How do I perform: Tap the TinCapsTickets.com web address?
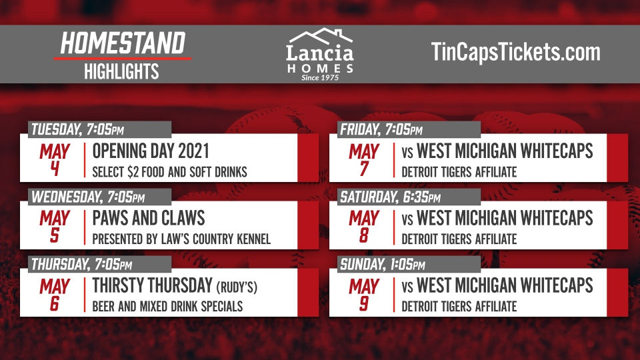(515, 52)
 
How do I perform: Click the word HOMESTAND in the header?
(122, 44)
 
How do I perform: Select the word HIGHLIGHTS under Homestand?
(121, 71)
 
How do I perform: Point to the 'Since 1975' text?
(320, 77)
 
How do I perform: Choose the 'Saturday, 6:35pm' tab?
(391, 197)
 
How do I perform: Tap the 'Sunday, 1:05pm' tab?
(383, 265)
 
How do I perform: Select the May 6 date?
(54, 295)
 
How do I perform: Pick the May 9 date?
(363, 295)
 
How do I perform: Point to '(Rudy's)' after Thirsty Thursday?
(236, 287)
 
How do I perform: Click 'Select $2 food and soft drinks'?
(170, 172)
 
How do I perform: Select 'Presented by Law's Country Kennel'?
(181, 239)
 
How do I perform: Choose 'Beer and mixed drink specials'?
(167, 307)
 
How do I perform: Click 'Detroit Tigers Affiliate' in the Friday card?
(459, 172)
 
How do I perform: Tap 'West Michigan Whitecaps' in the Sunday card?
(505, 286)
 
